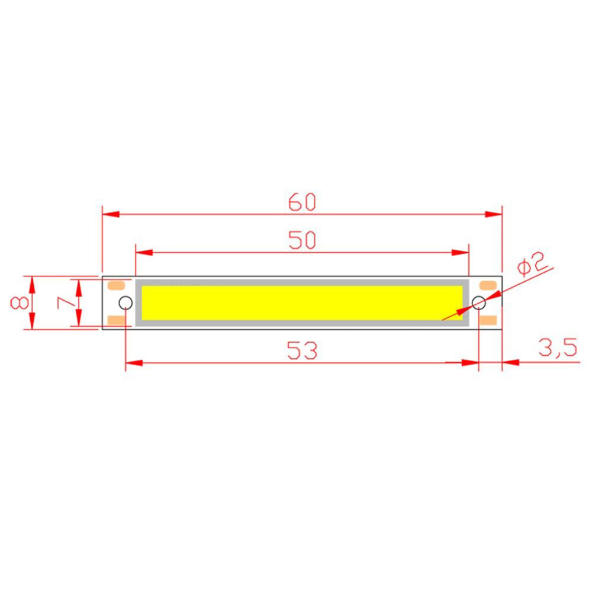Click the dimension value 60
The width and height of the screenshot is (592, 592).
coord(303,202)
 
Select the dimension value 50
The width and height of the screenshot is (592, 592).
coord(303,240)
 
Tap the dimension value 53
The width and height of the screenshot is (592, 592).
coord(303,350)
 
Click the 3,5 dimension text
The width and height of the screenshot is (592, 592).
coord(557,348)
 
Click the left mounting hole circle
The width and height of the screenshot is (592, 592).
coord(125,303)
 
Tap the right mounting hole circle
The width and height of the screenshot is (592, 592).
coord(478,303)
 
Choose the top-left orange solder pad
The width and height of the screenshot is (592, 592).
coord(116,285)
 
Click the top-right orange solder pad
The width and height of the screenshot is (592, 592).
coord(487,285)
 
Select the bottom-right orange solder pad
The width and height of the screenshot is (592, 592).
coord(487,320)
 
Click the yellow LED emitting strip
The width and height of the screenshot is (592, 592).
coord(302,303)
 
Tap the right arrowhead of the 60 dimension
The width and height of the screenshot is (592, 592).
coord(494,214)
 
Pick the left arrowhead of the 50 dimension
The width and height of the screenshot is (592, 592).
coord(144,252)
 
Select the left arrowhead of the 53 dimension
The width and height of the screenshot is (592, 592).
coord(134,362)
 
